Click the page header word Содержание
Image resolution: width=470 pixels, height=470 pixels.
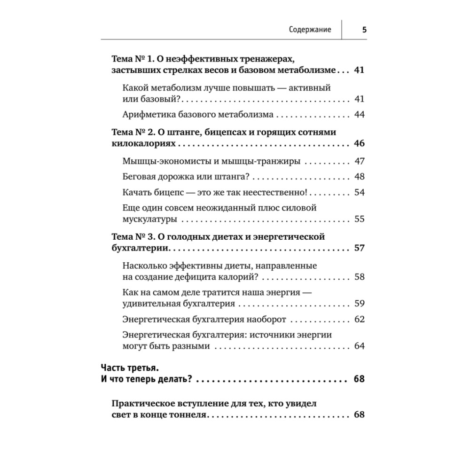tap(310, 29)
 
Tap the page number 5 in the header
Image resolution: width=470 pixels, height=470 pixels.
tap(364, 29)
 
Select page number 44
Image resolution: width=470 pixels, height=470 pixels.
tap(360, 115)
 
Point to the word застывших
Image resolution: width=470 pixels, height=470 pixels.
tap(132, 70)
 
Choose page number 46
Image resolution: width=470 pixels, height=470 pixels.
tap(360, 143)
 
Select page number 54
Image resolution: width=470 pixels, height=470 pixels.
tap(360, 192)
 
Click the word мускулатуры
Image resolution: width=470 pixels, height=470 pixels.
tap(149, 219)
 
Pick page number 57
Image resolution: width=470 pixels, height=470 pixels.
tap(360, 248)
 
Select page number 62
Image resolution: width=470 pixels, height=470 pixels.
tap(360, 319)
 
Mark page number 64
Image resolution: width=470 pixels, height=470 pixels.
tap(360, 346)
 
